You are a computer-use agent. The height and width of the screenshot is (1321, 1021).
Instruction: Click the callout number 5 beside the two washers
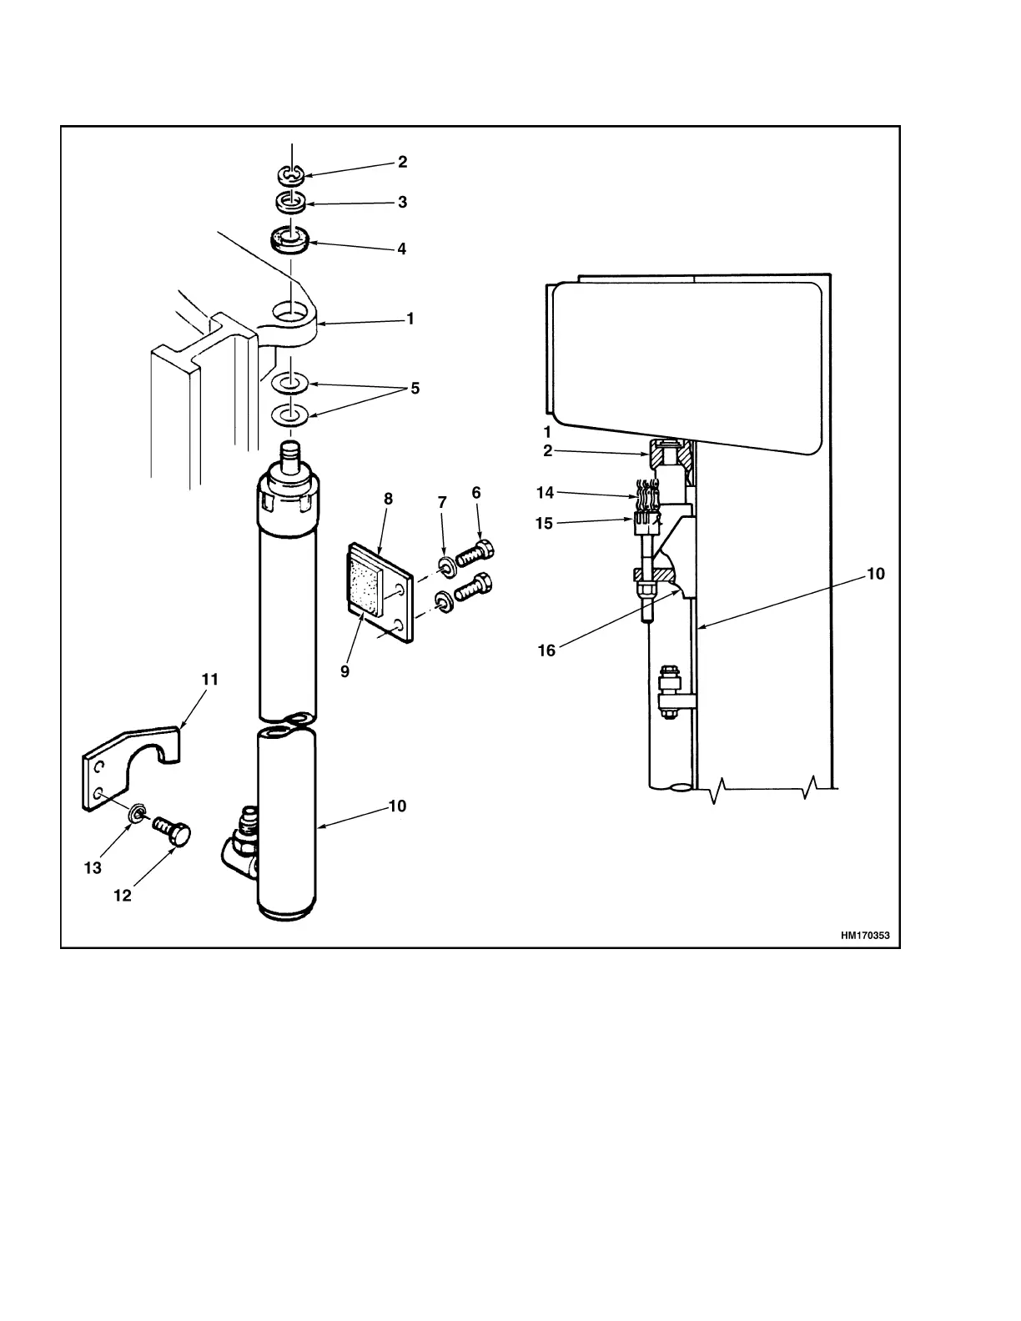(415, 389)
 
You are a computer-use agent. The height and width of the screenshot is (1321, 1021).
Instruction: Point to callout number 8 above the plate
(388, 499)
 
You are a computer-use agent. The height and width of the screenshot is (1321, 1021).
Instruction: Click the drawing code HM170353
(865, 936)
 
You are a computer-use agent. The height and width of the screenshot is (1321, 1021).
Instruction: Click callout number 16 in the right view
(546, 650)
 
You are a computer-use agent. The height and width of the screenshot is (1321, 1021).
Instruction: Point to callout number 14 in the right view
(545, 493)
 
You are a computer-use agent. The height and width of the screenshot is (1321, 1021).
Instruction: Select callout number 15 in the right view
(544, 524)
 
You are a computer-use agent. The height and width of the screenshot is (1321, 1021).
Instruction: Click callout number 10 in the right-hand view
(875, 574)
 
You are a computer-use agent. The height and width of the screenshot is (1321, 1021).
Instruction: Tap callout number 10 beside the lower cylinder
(397, 806)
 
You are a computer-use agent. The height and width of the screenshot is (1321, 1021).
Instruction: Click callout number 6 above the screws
(476, 493)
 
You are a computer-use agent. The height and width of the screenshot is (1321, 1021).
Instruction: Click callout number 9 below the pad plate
(345, 671)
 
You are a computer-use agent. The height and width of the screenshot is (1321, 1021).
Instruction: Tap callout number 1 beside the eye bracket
(410, 319)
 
